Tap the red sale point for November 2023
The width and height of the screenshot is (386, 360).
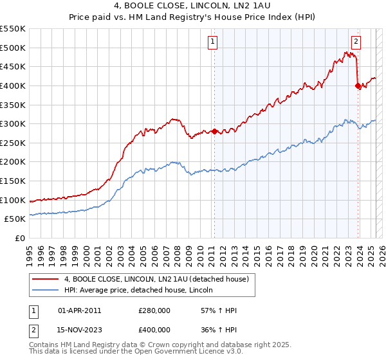pos(358,86)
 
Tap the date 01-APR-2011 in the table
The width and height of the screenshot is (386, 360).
pos(80,310)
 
